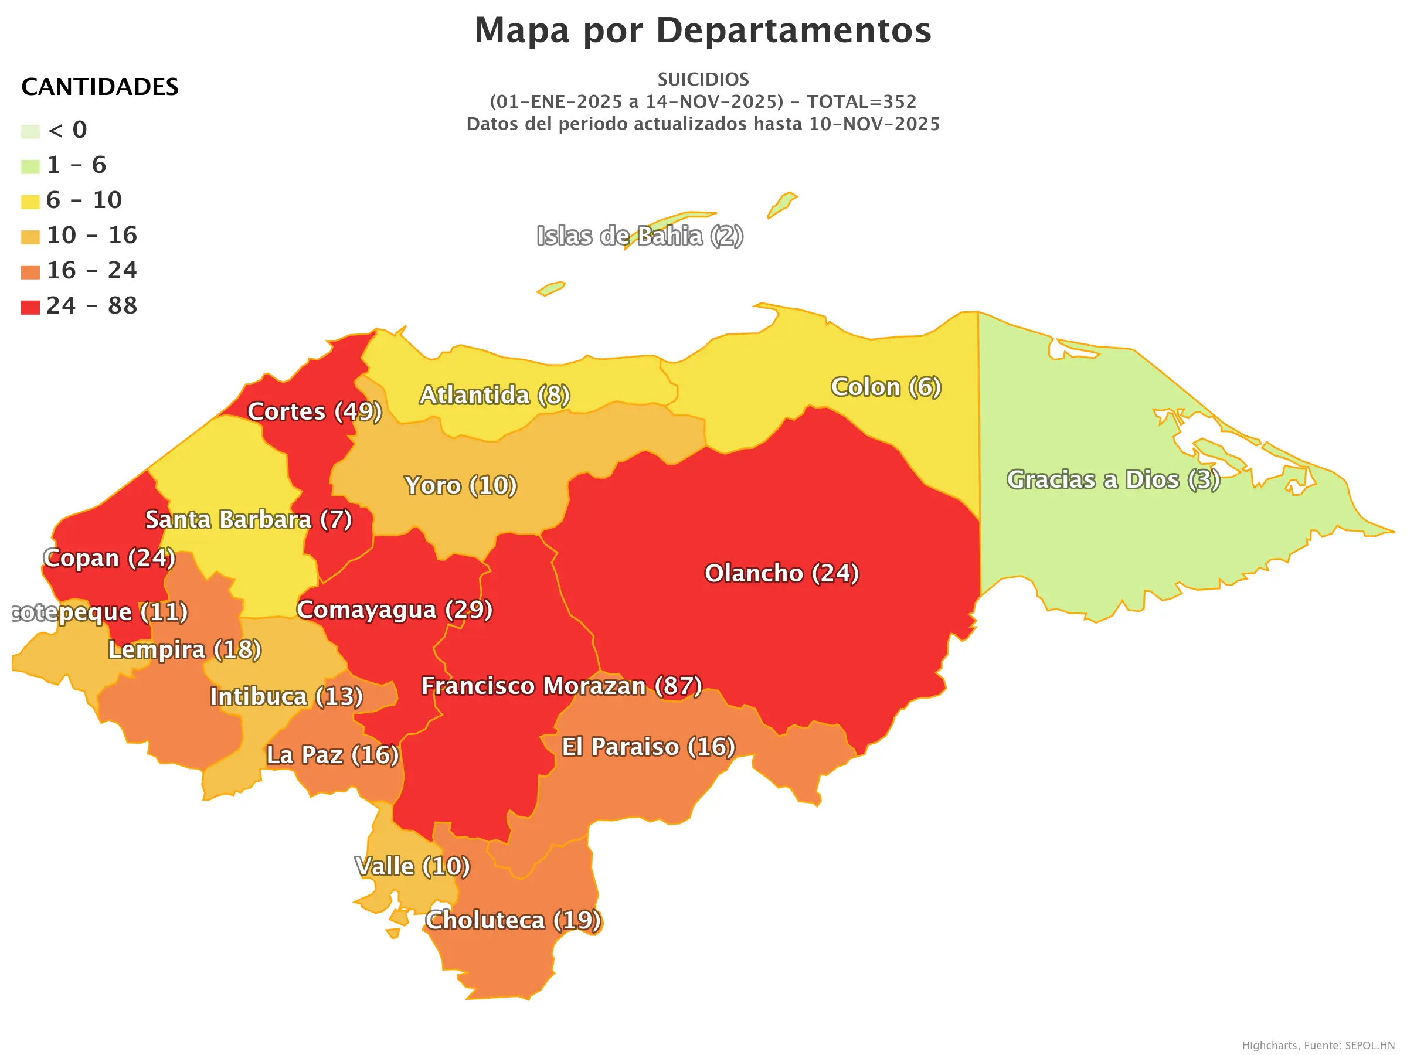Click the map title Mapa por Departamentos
pos(703,30)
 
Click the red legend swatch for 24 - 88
pos(30,308)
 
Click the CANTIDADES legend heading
pos(100,87)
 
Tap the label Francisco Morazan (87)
pos(562,686)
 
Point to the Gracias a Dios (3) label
pos(1113,480)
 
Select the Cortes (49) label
pos(314,411)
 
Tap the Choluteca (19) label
pos(513,920)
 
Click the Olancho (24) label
pos(781,574)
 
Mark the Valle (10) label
pos(412,866)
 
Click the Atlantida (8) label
pos(494,396)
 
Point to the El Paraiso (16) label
pos(648,747)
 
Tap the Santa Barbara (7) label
pos(248,519)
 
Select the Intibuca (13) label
pos(286,696)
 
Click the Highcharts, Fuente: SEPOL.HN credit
pos(1318,1046)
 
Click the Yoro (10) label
pos(461,486)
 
